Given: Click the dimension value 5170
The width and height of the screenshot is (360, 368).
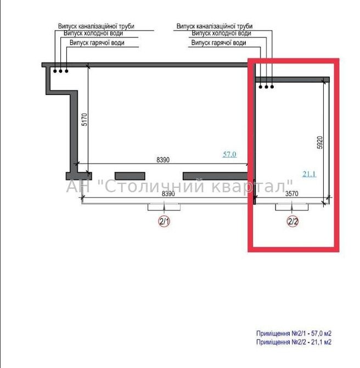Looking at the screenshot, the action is [x=85, y=120].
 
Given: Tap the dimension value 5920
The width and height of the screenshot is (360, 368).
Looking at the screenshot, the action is [x=320, y=142].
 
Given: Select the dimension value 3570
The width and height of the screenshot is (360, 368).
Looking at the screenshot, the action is [x=292, y=194].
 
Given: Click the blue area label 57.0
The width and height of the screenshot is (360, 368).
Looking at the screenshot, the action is [x=229, y=154].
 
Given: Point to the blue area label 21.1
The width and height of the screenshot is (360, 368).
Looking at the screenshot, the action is [x=310, y=174].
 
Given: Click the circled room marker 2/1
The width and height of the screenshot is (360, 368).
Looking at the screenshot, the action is [x=164, y=221].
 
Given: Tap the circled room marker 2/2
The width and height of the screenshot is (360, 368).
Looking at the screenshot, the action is [x=292, y=221].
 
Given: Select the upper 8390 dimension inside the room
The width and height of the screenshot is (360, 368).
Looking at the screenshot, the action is [x=163, y=160].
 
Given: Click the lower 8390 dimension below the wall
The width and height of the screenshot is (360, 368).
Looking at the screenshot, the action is [x=168, y=194].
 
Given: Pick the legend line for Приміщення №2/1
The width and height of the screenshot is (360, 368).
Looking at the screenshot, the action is [x=294, y=333].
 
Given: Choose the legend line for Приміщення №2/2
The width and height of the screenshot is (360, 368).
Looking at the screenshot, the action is [x=294, y=342].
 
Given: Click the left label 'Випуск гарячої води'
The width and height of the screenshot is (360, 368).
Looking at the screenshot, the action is [x=97, y=43].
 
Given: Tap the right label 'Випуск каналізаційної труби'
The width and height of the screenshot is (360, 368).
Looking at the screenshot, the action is [x=215, y=26].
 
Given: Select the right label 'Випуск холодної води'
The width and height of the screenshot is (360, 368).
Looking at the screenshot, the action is [x=221, y=34].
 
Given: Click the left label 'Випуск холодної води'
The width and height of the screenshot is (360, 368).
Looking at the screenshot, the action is [x=93, y=34].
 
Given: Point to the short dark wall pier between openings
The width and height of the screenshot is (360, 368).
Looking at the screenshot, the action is [x=130, y=176].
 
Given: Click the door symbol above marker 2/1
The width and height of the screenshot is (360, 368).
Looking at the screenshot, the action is [x=164, y=207].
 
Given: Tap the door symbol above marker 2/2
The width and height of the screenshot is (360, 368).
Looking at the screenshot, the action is [x=292, y=207].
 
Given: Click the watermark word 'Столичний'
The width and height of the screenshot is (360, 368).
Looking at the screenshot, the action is [x=154, y=186].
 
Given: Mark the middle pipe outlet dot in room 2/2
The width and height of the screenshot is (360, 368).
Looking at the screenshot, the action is [x=266, y=87].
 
